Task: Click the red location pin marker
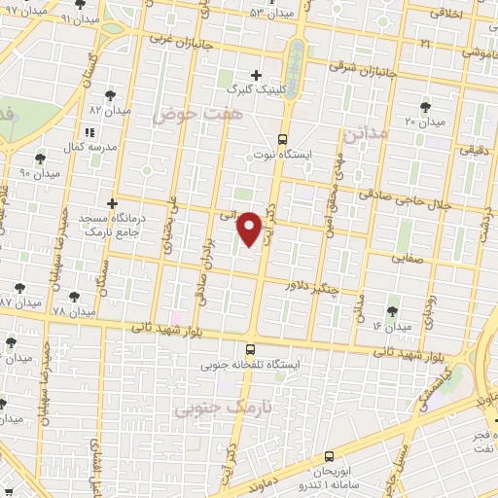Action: [251, 228]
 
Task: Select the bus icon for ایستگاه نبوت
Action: [282, 139]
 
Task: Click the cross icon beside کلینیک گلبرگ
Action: [257, 74]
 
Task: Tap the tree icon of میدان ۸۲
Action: [109, 94]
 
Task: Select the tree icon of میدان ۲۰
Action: [424, 106]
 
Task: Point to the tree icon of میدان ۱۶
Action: [392, 311]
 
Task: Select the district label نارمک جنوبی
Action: [211, 409]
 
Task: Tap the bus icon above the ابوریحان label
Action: [328, 457]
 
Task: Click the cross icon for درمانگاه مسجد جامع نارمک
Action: [113, 204]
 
